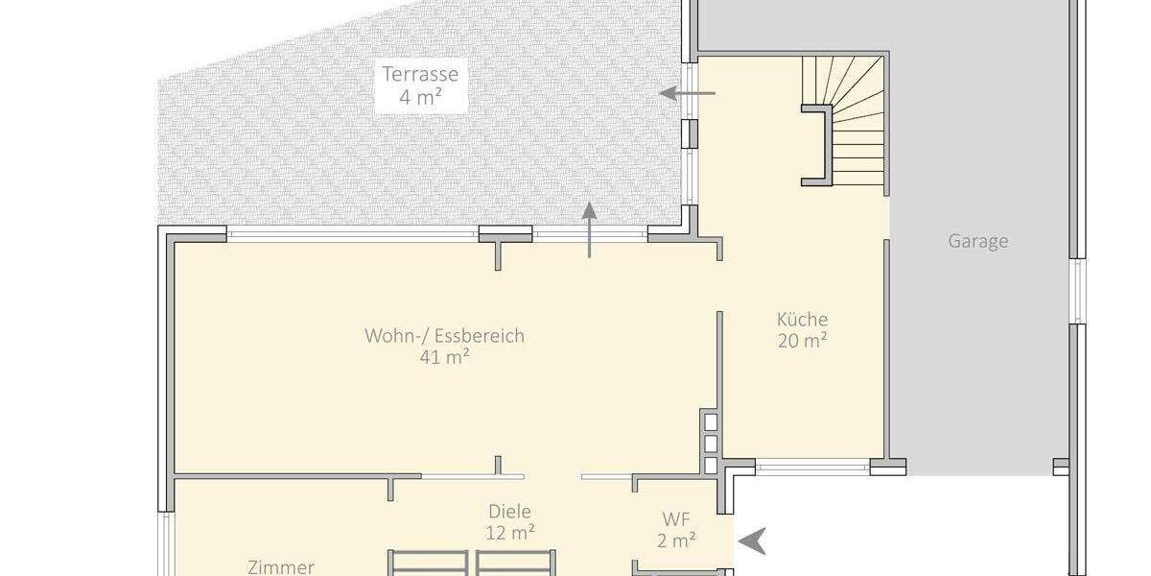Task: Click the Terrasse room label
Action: [420, 74]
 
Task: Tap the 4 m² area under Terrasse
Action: [420, 97]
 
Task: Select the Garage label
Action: [978, 241]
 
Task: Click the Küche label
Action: [802, 320]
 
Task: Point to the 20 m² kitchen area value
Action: [802, 341]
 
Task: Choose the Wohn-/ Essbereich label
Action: [444, 336]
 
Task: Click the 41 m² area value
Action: [444, 357]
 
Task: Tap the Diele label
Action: [509, 512]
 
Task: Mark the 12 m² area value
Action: [509, 532]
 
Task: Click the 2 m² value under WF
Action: [676, 541]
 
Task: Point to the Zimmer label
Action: [280, 566]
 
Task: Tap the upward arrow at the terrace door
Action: [590, 229]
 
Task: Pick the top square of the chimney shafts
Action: [710, 421]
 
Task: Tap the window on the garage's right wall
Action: [1077, 291]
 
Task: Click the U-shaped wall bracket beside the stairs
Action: [816, 144]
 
